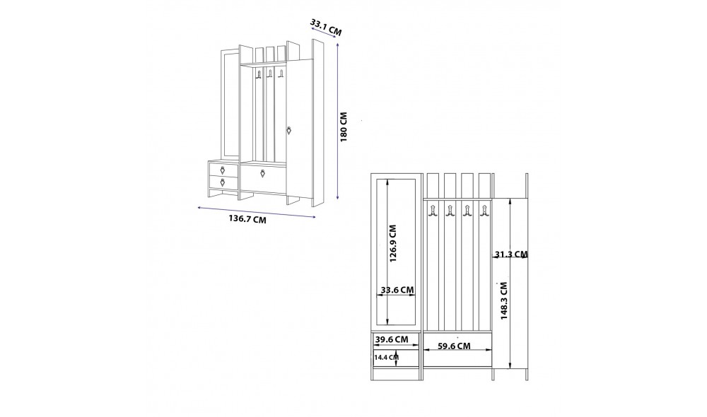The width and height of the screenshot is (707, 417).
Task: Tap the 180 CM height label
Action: [344, 127]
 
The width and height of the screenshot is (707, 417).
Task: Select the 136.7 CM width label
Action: [247, 220]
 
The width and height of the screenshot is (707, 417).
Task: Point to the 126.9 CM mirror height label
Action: [392, 244]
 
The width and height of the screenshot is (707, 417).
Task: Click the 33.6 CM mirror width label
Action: [397, 290]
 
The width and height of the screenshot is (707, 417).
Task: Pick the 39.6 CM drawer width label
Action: [392, 339]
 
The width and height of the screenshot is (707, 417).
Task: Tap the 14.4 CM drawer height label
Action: [387, 358]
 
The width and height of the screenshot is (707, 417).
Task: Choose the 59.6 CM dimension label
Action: [454, 346]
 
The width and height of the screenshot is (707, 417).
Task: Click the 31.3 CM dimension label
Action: [511, 254]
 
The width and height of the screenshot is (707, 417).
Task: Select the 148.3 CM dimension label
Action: [504, 301]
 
